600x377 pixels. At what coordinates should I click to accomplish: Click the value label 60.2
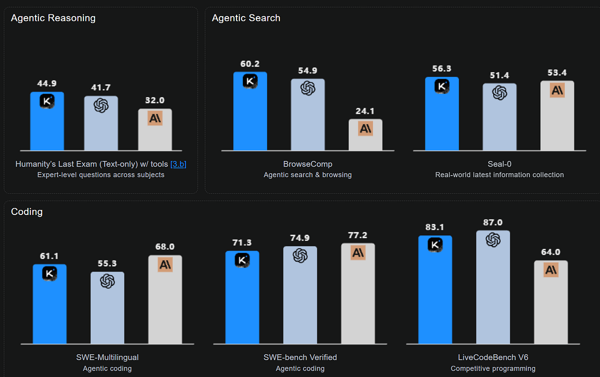[x=250, y=64]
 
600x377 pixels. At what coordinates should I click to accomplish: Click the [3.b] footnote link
[x=178, y=164]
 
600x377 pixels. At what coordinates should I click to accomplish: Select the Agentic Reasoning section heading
[x=53, y=18]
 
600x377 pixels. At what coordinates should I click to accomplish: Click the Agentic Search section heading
[x=246, y=18]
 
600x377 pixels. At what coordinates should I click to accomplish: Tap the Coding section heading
[x=27, y=211]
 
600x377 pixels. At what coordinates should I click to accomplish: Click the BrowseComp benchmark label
[x=307, y=164]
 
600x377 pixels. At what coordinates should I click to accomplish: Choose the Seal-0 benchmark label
[x=499, y=164]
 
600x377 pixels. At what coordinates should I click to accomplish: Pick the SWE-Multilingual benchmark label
[x=107, y=357]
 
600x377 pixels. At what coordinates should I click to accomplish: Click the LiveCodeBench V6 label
[x=493, y=357]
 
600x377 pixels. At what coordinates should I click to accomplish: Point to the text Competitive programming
[x=493, y=368]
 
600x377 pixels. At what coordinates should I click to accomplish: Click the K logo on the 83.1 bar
[x=435, y=245]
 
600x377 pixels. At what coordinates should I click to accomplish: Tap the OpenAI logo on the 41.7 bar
[x=101, y=105]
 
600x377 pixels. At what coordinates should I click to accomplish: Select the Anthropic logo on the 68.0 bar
[x=165, y=265]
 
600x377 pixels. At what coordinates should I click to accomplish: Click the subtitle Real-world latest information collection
[x=499, y=175]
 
